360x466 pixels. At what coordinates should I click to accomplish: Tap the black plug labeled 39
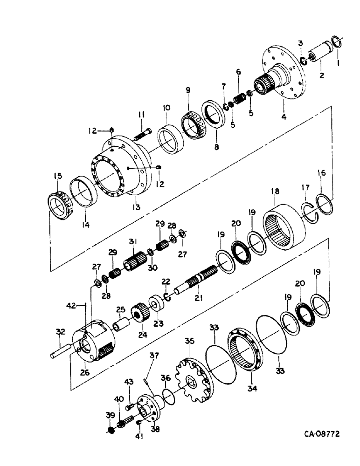click(x=111, y=430)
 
